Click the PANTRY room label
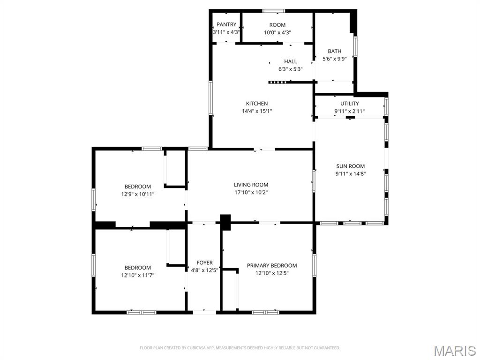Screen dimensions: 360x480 click(226, 25)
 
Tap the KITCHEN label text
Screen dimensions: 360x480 click(257, 104)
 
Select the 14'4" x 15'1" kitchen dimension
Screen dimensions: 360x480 click(257, 111)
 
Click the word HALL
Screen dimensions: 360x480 click(290, 61)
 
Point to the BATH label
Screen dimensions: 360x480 click(334, 51)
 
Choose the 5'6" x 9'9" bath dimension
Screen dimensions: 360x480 click(334, 59)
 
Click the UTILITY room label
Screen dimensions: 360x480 click(349, 104)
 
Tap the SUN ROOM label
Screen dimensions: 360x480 click(350, 166)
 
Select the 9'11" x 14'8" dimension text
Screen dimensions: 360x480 click(350, 173)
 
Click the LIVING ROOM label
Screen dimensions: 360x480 click(251, 185)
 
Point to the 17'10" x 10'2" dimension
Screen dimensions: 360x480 click(251, 192)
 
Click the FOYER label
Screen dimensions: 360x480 click(204, 262)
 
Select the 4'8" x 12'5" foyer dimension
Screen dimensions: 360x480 click(204, 270)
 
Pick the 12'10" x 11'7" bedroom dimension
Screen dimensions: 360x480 click(137, 275)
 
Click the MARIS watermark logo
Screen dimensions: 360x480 click(454, 351)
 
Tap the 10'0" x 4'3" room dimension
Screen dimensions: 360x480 click(277, 32)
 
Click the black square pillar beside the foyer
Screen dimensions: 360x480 click(225, 222)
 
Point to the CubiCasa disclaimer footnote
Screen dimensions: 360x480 click(240, 348)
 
